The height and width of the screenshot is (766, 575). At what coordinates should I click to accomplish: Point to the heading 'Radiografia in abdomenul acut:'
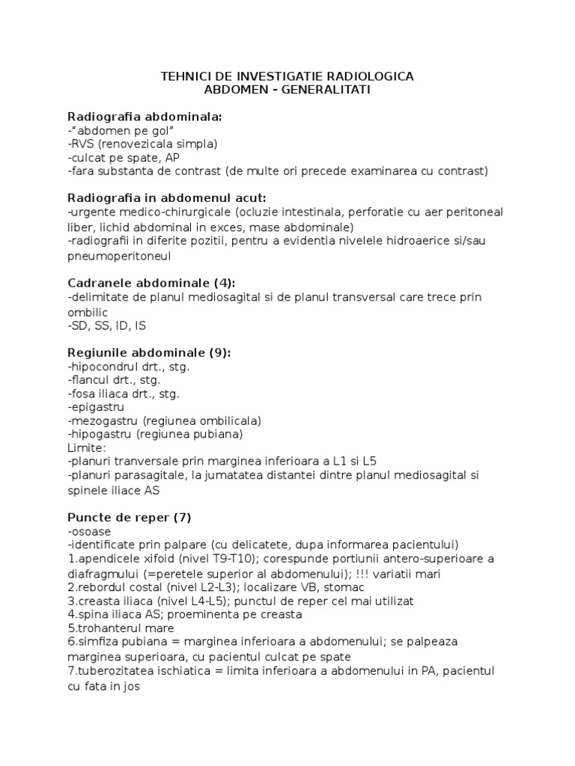tap(167, 198)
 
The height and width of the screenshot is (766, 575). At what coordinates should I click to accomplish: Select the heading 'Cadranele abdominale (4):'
tap(151, 283)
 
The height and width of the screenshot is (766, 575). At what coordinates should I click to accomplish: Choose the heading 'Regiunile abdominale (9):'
tap(149, 352)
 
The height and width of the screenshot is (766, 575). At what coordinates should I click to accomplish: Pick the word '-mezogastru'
tap(103, 420)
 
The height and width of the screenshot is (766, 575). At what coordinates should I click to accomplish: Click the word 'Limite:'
tap(86, 447)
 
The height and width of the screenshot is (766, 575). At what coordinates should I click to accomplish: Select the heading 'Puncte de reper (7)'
tap(132, 517)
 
